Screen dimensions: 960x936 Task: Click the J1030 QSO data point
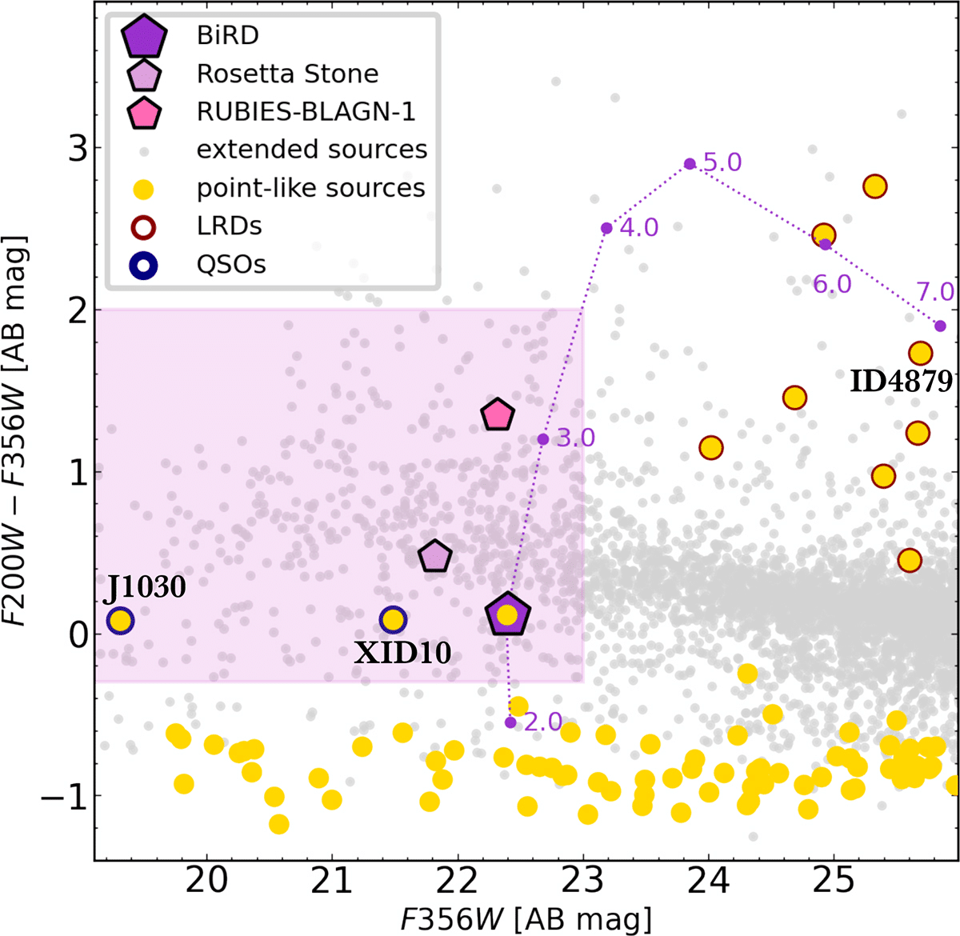click(x=120, y=621)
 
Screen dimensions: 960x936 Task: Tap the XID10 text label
click(x=402, y=653)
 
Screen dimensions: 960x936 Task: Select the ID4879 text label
click(x=901, y=382)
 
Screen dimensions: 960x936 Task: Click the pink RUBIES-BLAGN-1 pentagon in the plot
click(x=498, y=415)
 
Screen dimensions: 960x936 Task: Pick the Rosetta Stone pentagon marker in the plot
click(x=434, y=555)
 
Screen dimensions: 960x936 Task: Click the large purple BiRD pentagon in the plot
click(x=507, y=614)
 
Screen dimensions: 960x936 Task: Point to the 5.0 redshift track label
click(x=722, y=162)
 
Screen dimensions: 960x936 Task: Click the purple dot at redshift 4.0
click(x=606, y=228)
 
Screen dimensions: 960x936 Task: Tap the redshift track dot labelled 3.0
click(x=542, y=439)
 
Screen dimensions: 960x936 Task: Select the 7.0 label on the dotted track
click(x=935, y=292)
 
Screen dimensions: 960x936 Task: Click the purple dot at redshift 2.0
click(x=510, y=722)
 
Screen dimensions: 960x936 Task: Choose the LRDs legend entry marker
click(x=143, y=227)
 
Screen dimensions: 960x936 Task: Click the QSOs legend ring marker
click(x=143, y=266)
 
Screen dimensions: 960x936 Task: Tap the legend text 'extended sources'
click(x=312, y=150)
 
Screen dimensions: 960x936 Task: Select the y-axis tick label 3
click(x=78, y=147)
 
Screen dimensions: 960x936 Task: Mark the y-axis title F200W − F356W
click(x=16, y=430)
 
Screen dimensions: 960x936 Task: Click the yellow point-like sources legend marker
click(x=143, y=190)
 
